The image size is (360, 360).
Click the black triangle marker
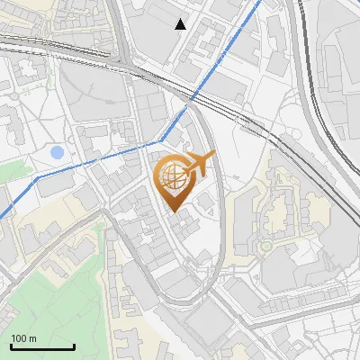click(181, 24)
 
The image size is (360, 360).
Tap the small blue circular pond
click(58, 153)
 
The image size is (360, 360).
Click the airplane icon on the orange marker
click(200, 163)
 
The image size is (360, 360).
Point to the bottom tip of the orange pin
click(174, 212)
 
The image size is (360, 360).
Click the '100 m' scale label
click(24, 338)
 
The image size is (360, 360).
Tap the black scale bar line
click(42, 346)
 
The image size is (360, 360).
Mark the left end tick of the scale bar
click(11, 345)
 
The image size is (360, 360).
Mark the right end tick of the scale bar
click(74, 345)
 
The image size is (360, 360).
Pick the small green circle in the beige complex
click(267, 245)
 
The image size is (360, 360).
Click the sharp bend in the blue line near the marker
click(161, 140)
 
